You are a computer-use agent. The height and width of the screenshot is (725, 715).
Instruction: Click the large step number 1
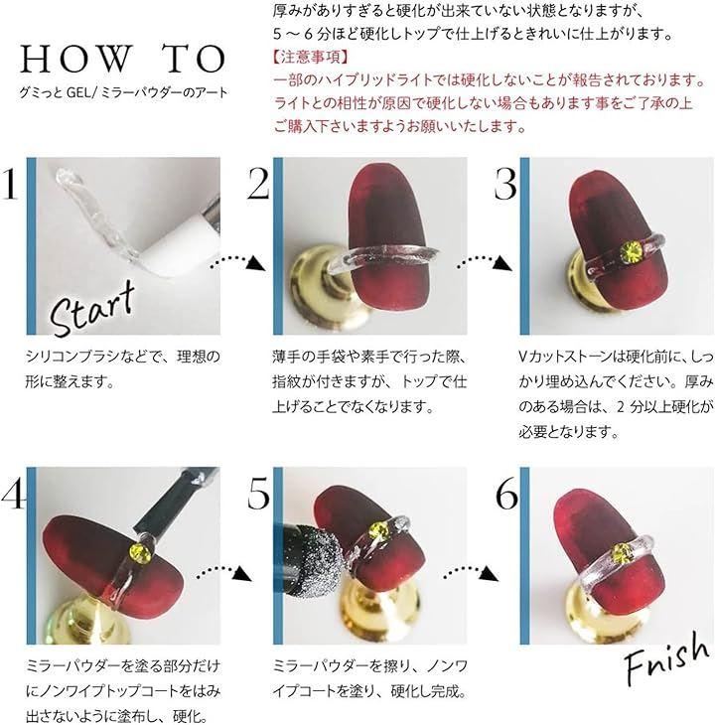pos(9,184)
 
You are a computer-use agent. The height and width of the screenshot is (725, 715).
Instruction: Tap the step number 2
pos(258,184)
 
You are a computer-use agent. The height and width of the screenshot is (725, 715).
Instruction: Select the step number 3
pos(505,184)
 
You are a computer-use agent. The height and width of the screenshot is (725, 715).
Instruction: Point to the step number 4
pos(12,494)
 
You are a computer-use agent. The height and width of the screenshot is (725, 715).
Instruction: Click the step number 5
pos(258,494)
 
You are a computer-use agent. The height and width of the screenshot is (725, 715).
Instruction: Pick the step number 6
pos(506,494)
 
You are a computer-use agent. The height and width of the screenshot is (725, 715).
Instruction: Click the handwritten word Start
pos(92,308)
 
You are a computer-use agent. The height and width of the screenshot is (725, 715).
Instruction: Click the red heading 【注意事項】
pos(311,57)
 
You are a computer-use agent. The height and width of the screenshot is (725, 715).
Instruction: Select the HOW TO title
pos(122,59)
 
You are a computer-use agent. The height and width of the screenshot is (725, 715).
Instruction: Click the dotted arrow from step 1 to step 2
pos(239,262)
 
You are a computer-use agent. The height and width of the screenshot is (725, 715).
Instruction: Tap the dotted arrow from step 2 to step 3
pos(486,262)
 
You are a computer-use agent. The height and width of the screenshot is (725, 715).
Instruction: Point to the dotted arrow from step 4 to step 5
pos(223,572)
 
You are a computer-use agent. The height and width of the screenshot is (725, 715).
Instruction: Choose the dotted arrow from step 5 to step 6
pos(471,572)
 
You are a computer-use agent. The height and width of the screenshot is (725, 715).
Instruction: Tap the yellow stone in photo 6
pos(622,554)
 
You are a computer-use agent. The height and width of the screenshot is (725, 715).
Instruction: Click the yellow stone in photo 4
pos(139,552)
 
